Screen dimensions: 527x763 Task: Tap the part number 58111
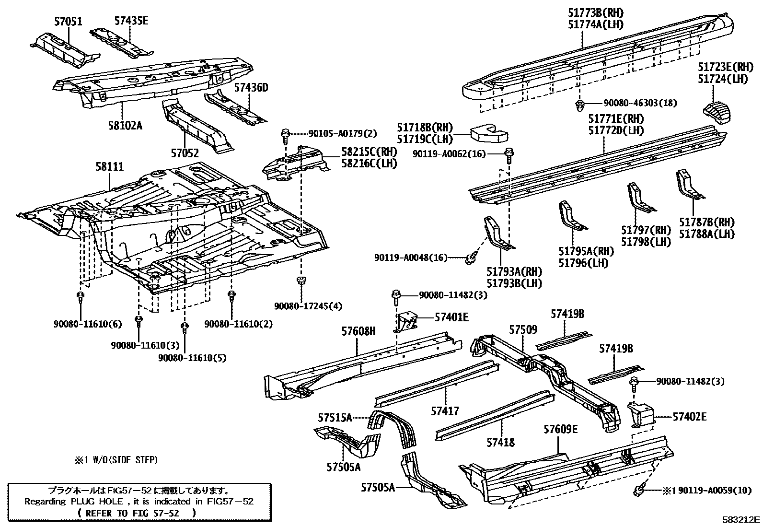(x=109, y=167)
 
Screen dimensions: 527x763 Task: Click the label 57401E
(x=451, y=317)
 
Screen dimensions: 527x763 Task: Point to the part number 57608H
(x=358, y=331)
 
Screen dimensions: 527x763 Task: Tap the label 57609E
(x=560, y=429)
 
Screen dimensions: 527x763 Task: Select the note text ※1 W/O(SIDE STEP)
(x=116, y=460)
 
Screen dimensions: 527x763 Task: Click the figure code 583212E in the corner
(x=741, y=519)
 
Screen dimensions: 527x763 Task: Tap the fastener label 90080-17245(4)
(x=308, y=306)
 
